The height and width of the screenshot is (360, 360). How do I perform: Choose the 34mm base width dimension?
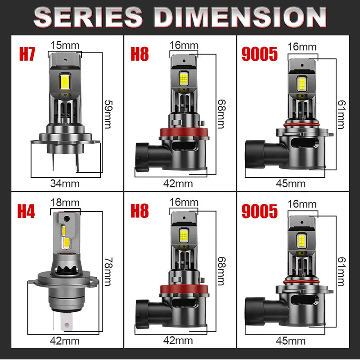[65, 183]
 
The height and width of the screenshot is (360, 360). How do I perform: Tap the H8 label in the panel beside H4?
[139, 211]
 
